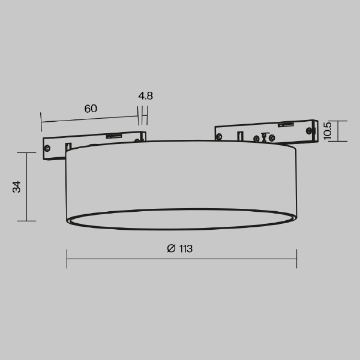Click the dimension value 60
click(x=91, y=109)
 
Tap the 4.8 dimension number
click(x=145, y=95)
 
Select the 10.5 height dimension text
click(x=327, y=131)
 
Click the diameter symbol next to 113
click(x=171, y=248)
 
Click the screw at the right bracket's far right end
click(x=309, y=129)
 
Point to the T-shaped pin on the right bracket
click(x=262, y=136)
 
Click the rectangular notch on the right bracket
click(x=240, y=136)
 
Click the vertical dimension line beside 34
click(x=27, y=187)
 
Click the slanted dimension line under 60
click(x=90, y=119)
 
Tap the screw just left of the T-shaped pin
click(x=256, y=139)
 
